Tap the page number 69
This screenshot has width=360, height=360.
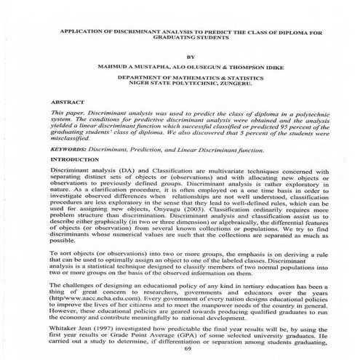tap(191, 349)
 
